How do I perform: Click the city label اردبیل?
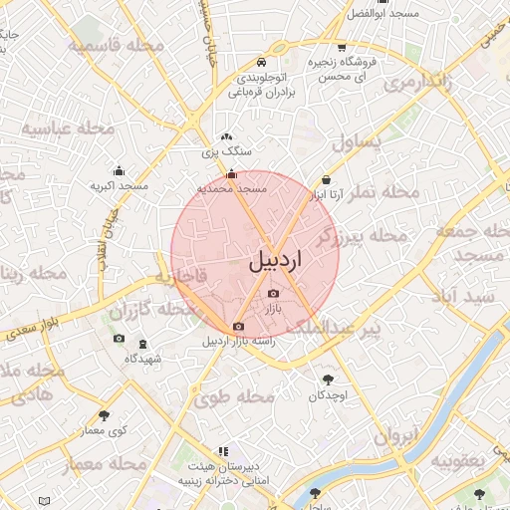point(273,261)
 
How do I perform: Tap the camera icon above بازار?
point(274,293)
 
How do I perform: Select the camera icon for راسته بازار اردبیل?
point(238,327)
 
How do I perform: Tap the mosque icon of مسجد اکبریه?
point(120,170)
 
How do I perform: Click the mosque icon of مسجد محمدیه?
point(232,173)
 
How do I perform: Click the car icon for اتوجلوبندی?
point(261,60)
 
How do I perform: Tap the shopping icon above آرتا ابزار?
point(326,180)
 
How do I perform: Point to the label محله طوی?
point(234,396)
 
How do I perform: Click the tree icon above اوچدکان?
point(328,379)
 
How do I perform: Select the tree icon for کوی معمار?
point(105,414)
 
